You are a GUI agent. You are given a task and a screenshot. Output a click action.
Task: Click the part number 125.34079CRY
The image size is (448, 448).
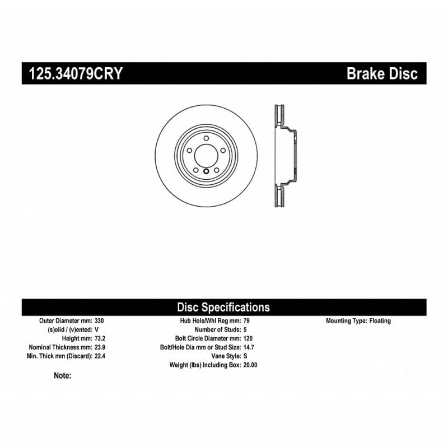click(x=76, y=73)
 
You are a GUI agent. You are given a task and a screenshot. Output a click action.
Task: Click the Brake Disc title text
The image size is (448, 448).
click(x=382, y=73)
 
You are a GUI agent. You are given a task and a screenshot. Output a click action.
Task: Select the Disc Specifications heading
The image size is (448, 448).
click(x=223, y=307)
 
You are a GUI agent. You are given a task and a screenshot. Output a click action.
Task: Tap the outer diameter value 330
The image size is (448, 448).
click(x=99, y=321)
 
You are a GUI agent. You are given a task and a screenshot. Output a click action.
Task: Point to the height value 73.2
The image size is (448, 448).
click(x=100, y=339)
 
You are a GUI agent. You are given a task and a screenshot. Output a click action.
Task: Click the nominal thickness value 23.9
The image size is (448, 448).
click(x=100, y=347)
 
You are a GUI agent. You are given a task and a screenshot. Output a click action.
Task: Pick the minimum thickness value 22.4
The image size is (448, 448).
click(x=100, y=356)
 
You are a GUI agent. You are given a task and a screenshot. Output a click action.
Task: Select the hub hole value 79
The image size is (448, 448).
click(x=246, y=321)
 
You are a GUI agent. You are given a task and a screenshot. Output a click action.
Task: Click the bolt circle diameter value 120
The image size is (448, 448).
click(x=248, y=339)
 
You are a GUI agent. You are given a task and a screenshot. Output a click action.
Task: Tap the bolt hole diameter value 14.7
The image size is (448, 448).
click(x=249, y=347)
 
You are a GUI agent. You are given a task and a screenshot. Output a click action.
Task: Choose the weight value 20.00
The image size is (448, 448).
click(x=250, y=365)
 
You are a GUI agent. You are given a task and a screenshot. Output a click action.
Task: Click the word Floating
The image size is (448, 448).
click(x=380, y=321)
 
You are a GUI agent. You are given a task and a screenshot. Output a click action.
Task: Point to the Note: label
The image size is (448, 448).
click(x=63, y=376)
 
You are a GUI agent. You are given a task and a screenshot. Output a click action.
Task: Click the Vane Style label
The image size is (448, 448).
click(x=226, y=356)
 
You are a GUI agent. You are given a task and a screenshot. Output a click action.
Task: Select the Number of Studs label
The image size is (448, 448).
click(x=218, y=330)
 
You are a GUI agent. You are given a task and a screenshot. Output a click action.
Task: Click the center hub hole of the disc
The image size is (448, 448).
click(x=206, y=156)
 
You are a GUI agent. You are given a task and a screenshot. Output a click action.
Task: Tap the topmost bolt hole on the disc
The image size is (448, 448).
click(x=206, y=138)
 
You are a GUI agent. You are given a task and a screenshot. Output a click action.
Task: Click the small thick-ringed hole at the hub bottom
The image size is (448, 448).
click(x=206, y=171)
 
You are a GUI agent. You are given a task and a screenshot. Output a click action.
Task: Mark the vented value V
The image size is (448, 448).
click(x=96, y=330)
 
